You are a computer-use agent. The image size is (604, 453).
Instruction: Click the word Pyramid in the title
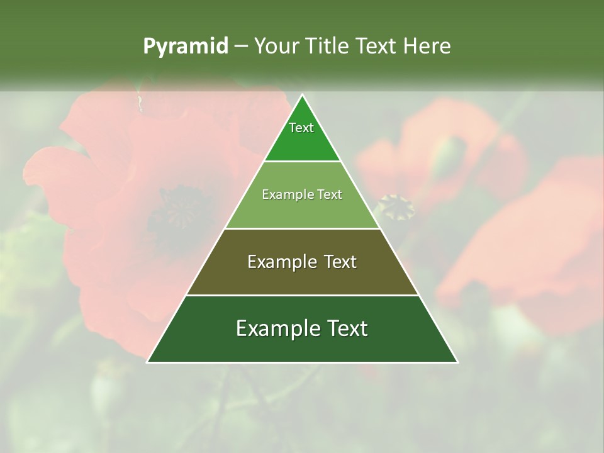coord(185,47)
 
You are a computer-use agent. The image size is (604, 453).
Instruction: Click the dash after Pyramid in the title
coord(240,47)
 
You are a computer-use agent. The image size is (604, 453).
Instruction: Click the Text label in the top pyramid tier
coord(301,128)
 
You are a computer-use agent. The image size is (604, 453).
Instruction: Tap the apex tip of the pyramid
coord(302,96)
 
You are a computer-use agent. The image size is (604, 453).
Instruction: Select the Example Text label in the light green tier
coord(302,194)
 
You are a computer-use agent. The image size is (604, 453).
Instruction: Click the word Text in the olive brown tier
coord(340,262)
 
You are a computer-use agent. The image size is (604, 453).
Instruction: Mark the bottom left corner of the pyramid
coord(148,362)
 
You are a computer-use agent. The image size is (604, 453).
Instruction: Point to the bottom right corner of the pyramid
coord(457,362)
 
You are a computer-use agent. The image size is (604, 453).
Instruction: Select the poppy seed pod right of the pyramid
coord(395,206)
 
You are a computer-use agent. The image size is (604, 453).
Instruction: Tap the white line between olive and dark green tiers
coord(302,295)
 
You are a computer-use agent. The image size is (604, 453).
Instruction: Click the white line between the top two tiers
coord(302,161)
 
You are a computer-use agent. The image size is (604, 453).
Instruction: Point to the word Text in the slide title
coord(376,47)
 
